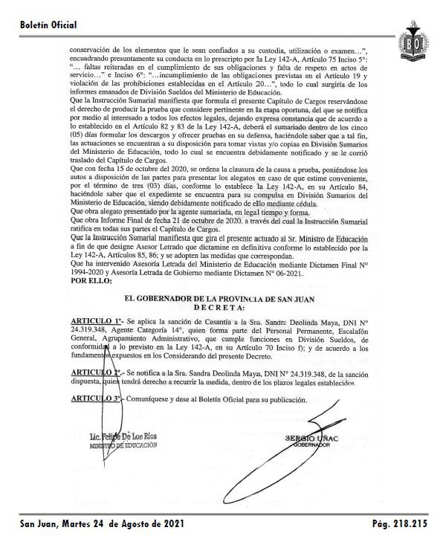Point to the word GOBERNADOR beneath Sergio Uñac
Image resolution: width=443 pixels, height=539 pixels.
[x=315, y=445]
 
